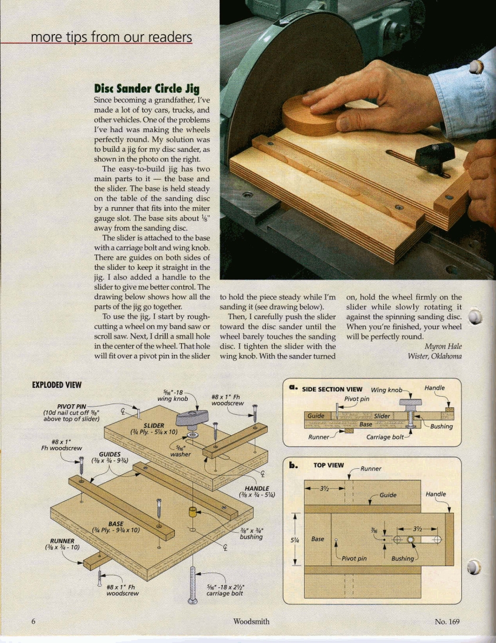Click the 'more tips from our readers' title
(111, 38)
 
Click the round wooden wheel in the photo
(311, 116)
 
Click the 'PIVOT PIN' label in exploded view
(72, 406)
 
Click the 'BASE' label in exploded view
(116, 523)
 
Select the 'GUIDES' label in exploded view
(110, 454)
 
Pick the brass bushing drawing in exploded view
(191, 512)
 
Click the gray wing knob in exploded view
(193, 418)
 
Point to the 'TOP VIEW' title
(329, 465)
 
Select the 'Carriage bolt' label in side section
(384, 436)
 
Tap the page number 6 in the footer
(33, 621)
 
